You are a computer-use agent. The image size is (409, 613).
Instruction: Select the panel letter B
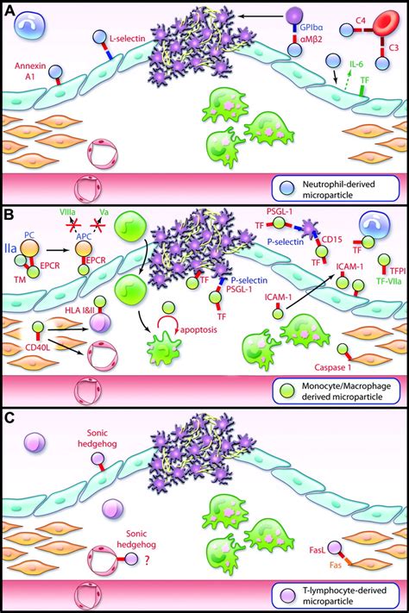tap(10, 210)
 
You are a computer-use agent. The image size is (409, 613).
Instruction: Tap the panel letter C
tap(10, 415)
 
